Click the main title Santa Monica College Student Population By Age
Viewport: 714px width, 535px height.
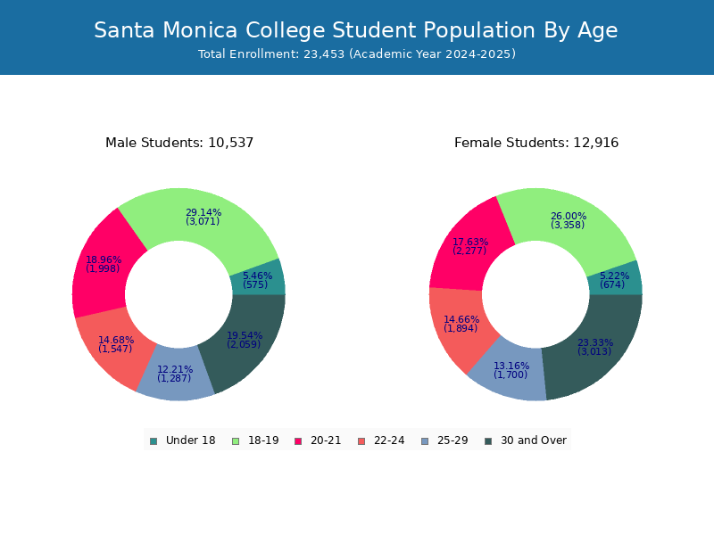[x=355, y=30]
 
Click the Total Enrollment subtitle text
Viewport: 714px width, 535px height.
[x=357, y=53]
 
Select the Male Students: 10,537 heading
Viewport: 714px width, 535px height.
[x=179, y=143]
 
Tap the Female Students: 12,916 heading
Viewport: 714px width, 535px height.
[x=536, y=143]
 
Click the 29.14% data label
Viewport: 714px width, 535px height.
[x=203, y=212]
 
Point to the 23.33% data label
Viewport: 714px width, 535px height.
[x=595, y=342]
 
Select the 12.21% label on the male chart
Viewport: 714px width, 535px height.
[x=175, y=369]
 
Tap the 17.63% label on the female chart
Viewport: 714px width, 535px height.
[x=470, y=242]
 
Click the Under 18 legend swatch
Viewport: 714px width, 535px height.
[x=154, y=441]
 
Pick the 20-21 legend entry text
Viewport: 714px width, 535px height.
[x=326, y=440]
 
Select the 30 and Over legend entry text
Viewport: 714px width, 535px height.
[x=534, y=440]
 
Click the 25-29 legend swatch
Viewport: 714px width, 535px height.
[x=425, y=441]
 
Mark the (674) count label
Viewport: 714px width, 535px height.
[x=612, y=284]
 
